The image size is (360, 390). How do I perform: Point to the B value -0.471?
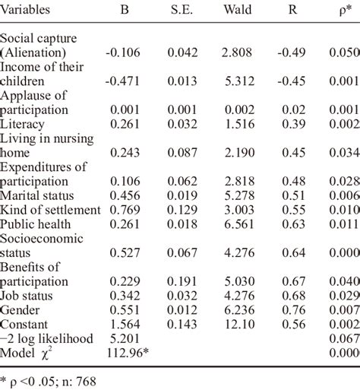click(123, 81)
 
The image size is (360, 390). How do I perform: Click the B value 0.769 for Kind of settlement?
click(125, 210)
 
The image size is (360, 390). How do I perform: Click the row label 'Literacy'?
click(24, 124)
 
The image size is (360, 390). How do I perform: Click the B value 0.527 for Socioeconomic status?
click(125, 252)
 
